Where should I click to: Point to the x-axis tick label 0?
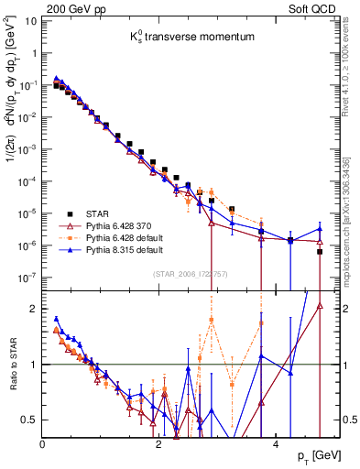tap(42, 443)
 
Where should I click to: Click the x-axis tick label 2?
tap(158, 443)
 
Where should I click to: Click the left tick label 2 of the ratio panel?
tap(36, 309)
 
